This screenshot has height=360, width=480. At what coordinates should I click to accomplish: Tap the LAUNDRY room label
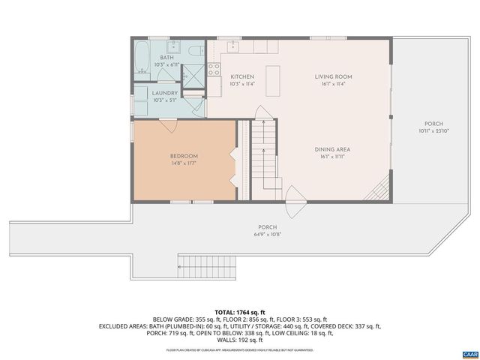[x=165, y=93]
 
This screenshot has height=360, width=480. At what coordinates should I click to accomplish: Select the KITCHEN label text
[x=241, y=76]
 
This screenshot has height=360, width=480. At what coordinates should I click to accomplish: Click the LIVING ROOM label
[x=333, y=76]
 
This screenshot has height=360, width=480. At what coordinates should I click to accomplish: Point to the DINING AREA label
[x=333, y=149]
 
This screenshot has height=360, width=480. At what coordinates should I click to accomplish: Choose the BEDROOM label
[x=183, y=156]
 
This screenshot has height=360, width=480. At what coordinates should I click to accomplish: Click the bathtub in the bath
[x=142, y=56]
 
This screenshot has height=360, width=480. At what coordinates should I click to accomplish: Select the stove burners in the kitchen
[x=214, y=70]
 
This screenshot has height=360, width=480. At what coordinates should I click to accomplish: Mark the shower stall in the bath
[x=193, y=76]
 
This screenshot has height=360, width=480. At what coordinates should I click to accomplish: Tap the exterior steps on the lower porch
[x=207, y=264]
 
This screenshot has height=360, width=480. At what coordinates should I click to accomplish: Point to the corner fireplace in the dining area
[x=379, y=188]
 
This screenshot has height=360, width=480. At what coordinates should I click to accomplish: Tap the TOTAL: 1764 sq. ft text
[x=240, y=311]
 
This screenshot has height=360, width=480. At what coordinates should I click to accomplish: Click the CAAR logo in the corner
[x=469, y=352]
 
